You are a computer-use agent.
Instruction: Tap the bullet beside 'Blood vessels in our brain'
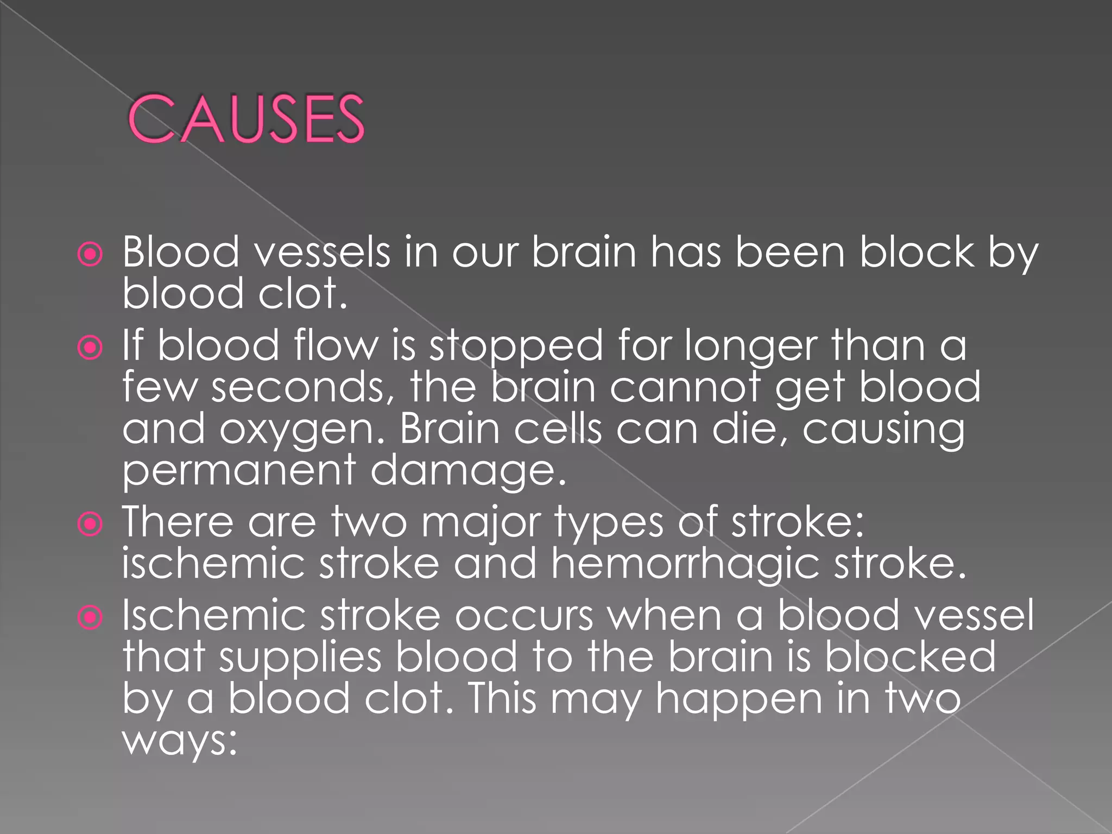coord(90,254)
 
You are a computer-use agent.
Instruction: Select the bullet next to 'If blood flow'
coord(90,347)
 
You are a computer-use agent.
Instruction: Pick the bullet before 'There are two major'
coord(90,524)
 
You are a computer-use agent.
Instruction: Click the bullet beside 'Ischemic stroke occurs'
coord(90,617)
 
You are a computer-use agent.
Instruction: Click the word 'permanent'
coord(239,471)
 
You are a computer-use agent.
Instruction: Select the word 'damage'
coord(468,471)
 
